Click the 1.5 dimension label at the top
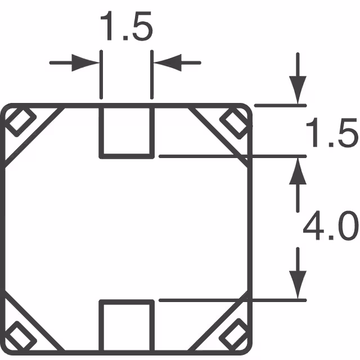click(126, 29)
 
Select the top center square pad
click(127, 131)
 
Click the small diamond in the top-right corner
click(233, 121)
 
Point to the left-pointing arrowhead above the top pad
click(163, 62)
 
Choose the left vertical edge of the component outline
click(4, 225)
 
